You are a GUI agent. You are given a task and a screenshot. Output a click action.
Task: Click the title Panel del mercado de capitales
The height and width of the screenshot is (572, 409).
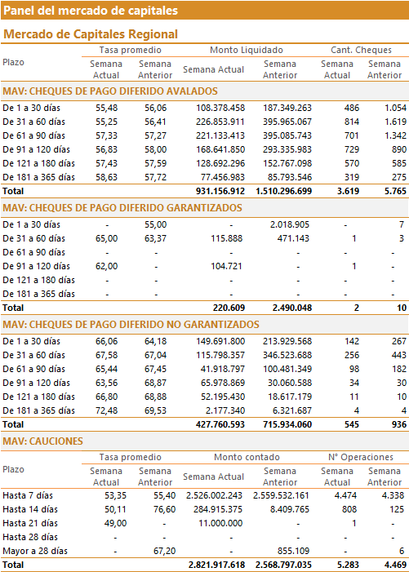(x=91, y=11)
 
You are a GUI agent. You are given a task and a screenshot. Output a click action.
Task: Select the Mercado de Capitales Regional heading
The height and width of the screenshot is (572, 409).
(x=91, y=34)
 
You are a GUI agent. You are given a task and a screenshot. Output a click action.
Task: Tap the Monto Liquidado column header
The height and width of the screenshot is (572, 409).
(x=247, y=50)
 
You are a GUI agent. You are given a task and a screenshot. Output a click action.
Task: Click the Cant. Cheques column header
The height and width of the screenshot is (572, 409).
(x=361, y=50)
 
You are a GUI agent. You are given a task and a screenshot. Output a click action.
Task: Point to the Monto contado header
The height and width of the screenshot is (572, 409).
(x=247, y=457)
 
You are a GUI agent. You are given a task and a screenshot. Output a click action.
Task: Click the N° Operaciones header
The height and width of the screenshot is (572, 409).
(x=361, y=457)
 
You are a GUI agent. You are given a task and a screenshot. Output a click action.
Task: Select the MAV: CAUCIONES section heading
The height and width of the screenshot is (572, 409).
(x=42, y=441)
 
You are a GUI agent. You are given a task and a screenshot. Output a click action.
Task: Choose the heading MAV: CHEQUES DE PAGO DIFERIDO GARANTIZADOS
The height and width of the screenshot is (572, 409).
(x=122, y=208)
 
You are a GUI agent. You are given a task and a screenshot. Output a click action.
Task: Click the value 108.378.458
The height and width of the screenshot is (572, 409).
(x=220, y=108)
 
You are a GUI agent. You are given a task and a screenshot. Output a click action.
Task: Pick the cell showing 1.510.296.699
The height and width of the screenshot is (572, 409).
(x=284, y=191)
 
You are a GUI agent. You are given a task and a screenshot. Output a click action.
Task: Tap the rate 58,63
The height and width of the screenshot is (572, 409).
(x=107, y=177)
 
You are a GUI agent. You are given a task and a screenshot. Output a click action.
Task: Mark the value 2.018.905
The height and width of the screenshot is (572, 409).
(x=290, y=224)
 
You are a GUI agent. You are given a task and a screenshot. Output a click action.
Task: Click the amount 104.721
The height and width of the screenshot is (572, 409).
(x=226, y=266)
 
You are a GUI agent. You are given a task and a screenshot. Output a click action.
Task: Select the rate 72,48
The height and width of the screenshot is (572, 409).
(x=107, y=410)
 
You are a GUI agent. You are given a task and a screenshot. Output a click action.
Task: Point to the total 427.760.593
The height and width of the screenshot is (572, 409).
(x=220, y=424)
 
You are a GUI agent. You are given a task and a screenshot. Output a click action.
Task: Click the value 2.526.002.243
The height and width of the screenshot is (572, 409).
(x=214, y=496)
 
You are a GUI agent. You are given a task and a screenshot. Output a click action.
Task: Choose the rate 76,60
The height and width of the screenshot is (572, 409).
(x=165, y=510)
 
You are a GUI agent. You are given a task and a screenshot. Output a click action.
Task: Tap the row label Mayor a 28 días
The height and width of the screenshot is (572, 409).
(x=35, y=552)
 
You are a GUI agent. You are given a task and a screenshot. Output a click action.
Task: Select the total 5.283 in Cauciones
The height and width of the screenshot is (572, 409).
(x=348, y=565)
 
